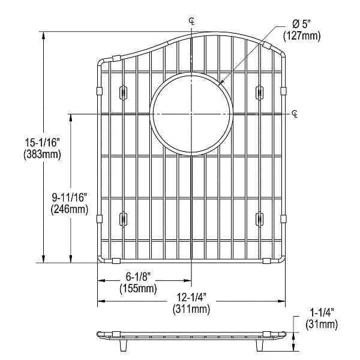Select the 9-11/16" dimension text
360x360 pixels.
tap(70, 198)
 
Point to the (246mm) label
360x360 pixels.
tap(70, 209)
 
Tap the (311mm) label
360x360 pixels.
tap(192, 310)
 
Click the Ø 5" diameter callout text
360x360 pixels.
tap(304, 25)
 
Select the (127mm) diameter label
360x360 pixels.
tap(304, 35)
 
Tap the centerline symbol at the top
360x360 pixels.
tap(191, 22)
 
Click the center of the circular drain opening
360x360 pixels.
tap(191, 113)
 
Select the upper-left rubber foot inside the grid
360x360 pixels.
tap(124, 92)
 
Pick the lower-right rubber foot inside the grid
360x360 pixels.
tap(259, 219)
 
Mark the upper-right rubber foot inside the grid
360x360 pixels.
tap(259, 92)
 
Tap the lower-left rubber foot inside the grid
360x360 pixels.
tap(124, 219)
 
